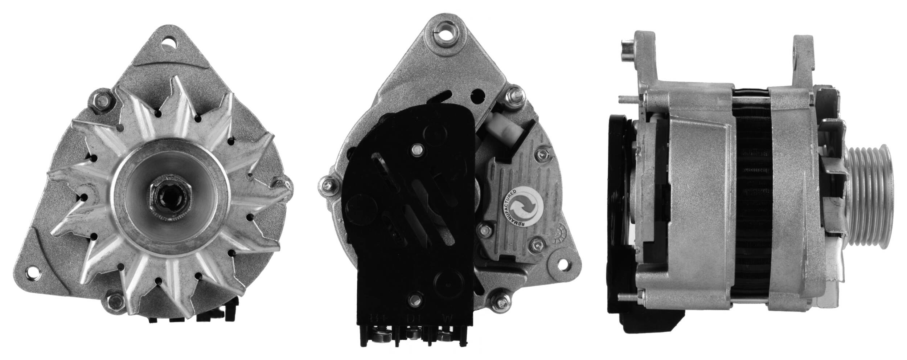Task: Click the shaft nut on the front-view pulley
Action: [169, 196]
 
